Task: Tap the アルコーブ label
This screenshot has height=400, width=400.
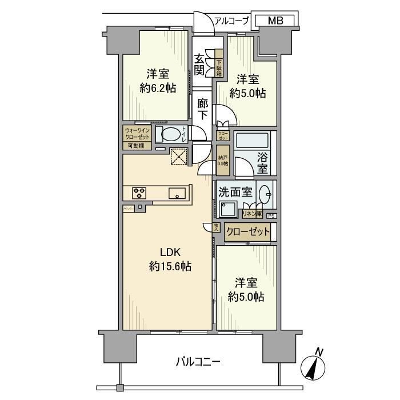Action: coord(231,21)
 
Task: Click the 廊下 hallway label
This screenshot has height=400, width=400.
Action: coord(203,109)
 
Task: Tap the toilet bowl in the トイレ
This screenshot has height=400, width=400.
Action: coord(170,135)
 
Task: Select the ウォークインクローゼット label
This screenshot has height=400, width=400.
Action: coord(138,133)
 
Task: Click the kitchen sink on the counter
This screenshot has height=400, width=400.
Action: coord(177,193)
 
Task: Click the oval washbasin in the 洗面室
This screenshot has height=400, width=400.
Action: coord(265,193)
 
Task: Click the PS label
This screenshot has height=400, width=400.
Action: coord(271,215)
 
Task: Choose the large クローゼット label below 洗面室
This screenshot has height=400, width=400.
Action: coord(247,232)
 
